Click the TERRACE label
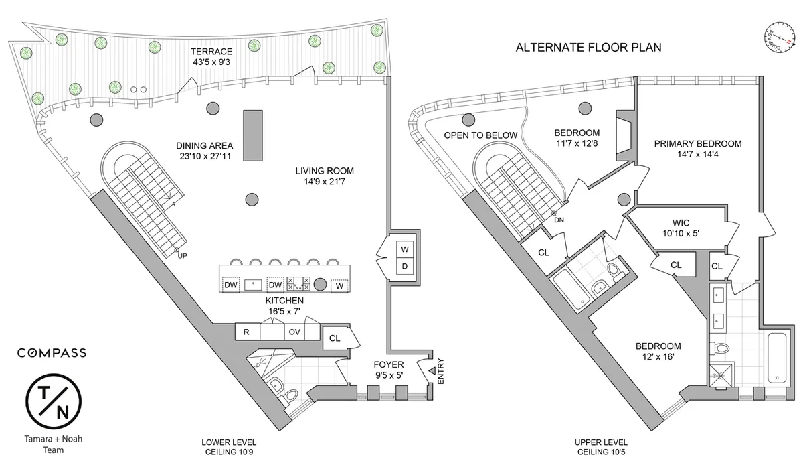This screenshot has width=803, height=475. [x=211, y=51]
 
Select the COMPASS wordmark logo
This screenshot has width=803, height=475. [x=52, y=353]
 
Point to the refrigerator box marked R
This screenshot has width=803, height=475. [x=246, y=332]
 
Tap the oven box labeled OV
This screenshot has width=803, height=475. [x=294, y=332]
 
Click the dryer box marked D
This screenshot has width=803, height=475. [x=404, y=267]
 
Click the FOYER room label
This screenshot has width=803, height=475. [x=389, y=365]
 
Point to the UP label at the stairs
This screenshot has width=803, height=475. [x=182, y=255]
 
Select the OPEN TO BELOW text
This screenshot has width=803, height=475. [x=480, y=135]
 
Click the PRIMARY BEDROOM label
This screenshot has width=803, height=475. [x=698, y=143]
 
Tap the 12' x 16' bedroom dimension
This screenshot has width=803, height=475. [x=658, y=357]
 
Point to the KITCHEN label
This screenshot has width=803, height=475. [x=285, y=301]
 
